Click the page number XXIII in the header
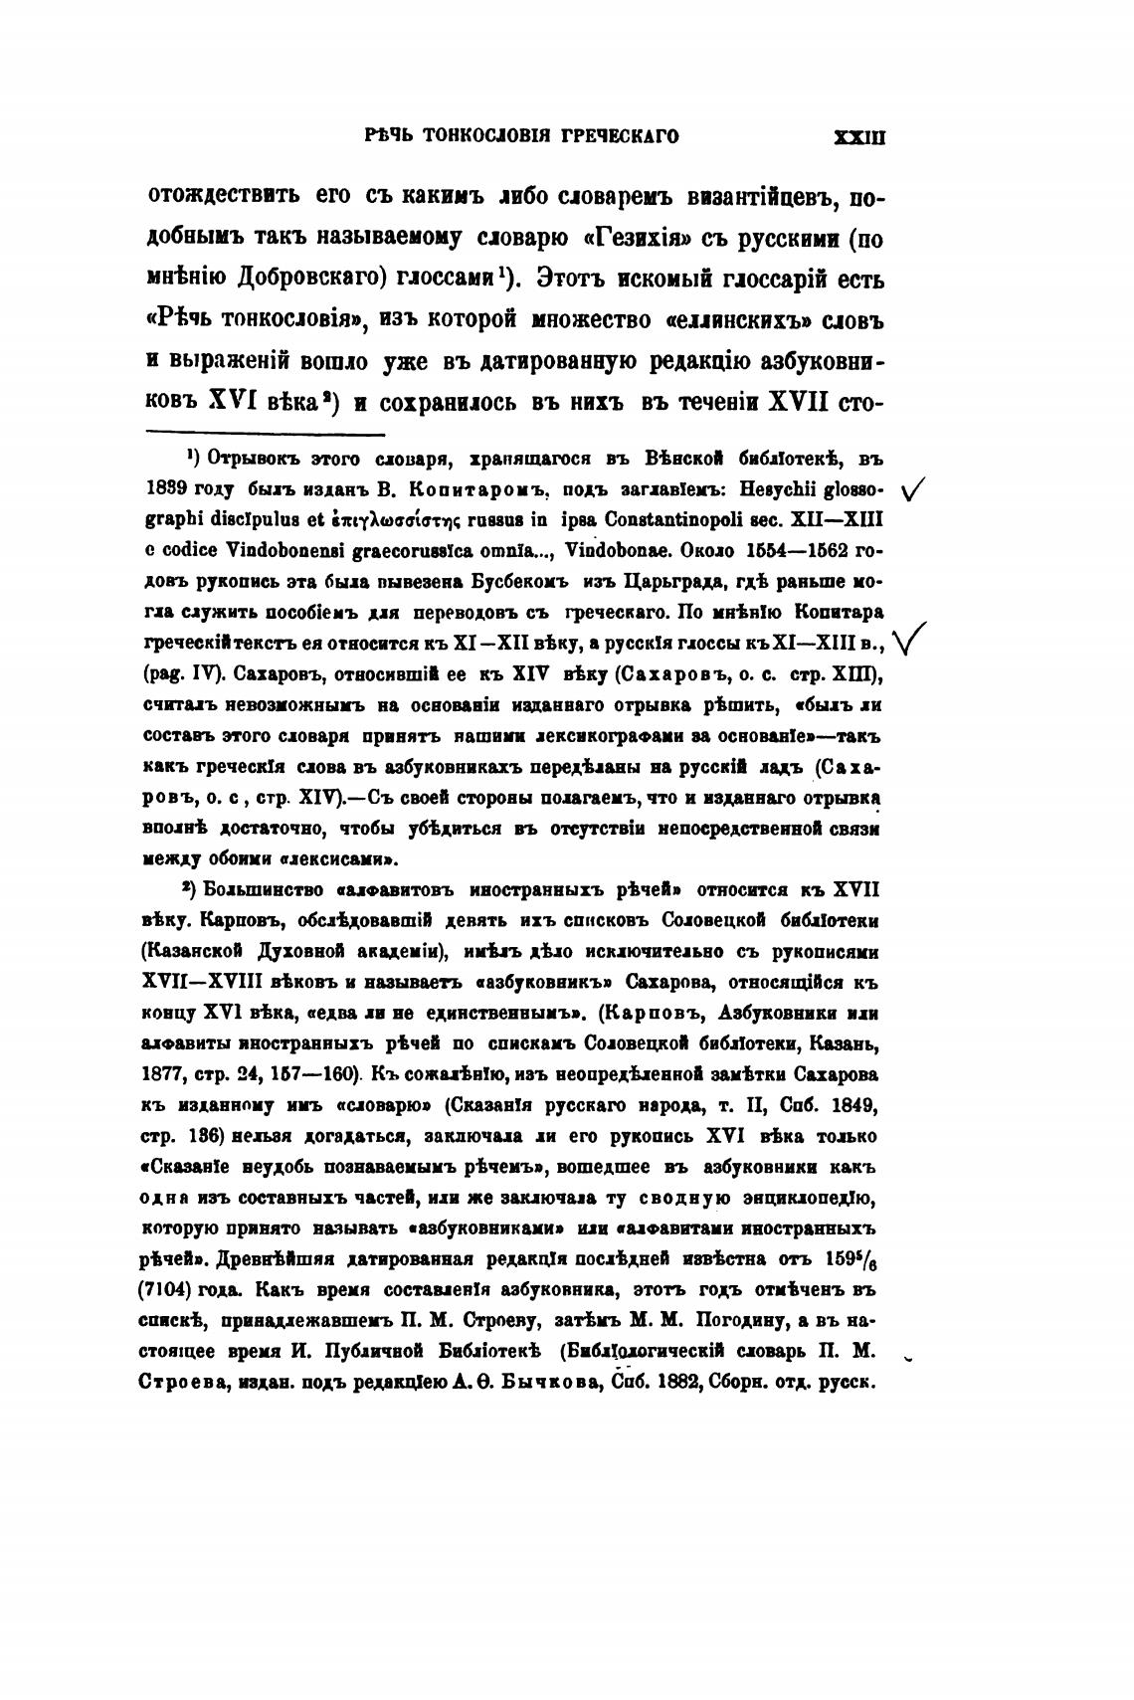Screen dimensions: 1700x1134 tap(858, 137)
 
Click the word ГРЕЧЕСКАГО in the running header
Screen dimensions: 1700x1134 tap(619, 137)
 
